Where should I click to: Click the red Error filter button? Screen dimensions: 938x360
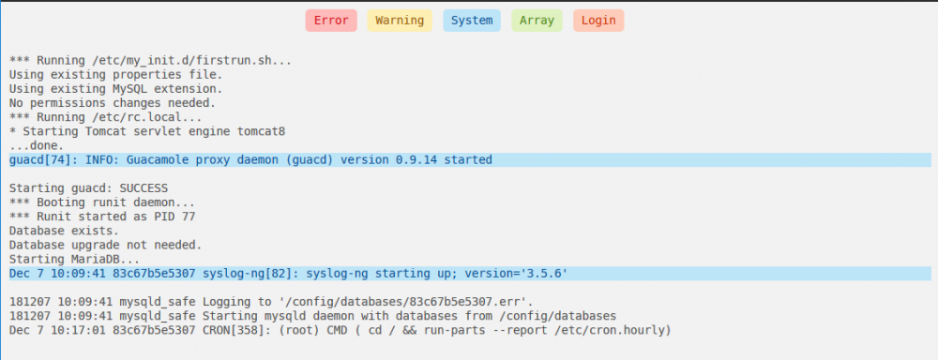pos(331,21)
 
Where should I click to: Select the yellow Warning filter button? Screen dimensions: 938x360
pos(400,21)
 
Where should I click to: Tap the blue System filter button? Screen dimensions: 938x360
pos(472,21)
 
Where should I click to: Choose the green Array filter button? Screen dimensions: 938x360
pos(537,21)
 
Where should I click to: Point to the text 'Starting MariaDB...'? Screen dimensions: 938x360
pos(74,260)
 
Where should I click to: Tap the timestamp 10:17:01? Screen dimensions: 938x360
pos(57,330)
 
